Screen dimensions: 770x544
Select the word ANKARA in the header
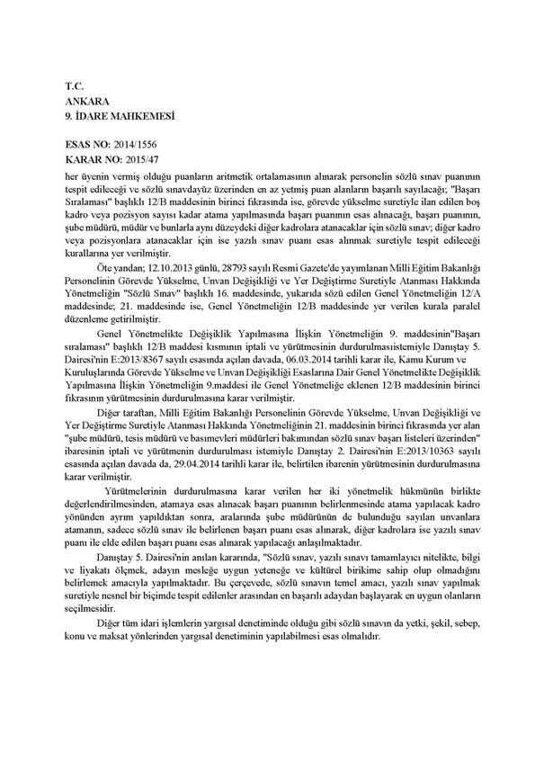(x=86, y=103)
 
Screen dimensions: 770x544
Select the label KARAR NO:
(x=94, y=157)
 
